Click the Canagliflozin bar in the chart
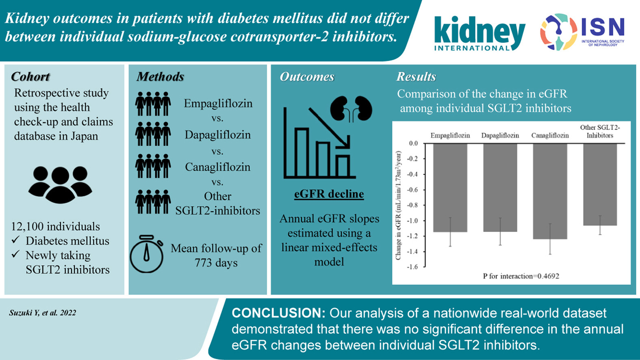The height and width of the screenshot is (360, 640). click(550, 191)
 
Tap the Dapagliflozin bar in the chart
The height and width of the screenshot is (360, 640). click(500, 187)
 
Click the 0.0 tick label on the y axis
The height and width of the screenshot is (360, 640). click(413, 143)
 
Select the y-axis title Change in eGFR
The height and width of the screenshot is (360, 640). click(398, 205)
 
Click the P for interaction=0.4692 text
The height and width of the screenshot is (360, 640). click(521, 276)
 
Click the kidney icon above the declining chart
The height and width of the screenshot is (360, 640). click(351, 108)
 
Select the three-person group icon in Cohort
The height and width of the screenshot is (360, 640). click(60, 184)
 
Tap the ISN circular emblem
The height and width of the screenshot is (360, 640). click(558, 32)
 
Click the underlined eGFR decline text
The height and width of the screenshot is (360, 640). click(329, 194)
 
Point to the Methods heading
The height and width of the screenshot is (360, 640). click(160, 76)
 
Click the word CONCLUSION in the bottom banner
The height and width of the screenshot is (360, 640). click(278, 313)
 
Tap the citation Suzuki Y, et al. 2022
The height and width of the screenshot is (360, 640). click(43, 313)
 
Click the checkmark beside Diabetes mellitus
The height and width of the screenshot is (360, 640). click(16, 240)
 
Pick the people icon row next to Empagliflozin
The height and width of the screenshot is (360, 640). click(153, 104)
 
